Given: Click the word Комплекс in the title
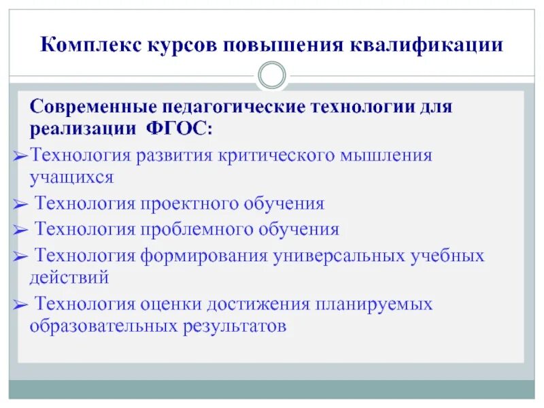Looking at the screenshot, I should [x=88, y=46].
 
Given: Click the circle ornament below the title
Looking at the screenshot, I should [x=272, y=75].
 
